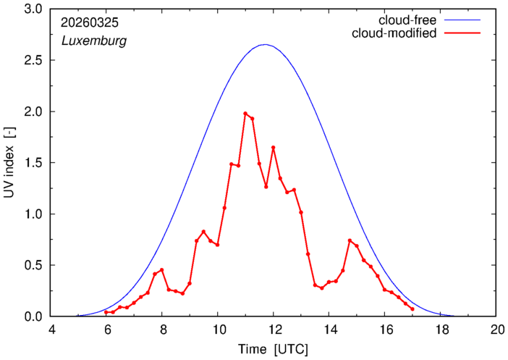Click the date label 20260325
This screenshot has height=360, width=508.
pyautogui.click(x=90, y=22)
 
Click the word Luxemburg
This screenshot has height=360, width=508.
pyautogui.click(x=94, y=41)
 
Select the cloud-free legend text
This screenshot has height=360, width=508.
pyautogui.click(x=407, y=20)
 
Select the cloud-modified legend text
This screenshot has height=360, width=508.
pyautogui.click(x=394, y=33)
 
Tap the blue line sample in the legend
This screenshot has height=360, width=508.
pyautogui.click(x=462, y=20)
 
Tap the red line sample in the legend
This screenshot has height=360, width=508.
pyautogui.click(x=462, y=33)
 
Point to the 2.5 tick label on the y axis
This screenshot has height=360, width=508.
pyautogui.click(x=33, y=60)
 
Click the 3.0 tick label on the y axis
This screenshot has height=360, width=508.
pyautogui.click(x=33, y=9)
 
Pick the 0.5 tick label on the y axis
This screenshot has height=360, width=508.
pyautogui.click(x=33, y=265)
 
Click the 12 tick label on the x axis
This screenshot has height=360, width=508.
pyautogui.click(x=273, y=330)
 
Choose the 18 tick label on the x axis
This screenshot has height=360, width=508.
pyautogui.click(x=440, y=330)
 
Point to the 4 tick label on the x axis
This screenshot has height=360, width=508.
pyautogui.click(x=51, y=330)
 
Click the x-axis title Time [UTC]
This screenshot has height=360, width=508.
pyautogui.click(x=273, y=349)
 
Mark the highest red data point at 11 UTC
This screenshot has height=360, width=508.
pyautogui.click(x=245, y=114)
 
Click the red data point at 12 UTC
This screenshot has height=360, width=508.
pyautogui.click(x=273, y=148)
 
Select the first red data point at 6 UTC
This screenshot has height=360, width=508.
pyautogui.click(x=106, y=312)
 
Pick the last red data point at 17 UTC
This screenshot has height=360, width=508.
pyautogui.click(x=412, y=309)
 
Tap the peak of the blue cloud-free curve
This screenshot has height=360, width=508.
pyautogui.click(x=266, y=44)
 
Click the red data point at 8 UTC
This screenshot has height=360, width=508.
pyautogui.click(x=161, y=270)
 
